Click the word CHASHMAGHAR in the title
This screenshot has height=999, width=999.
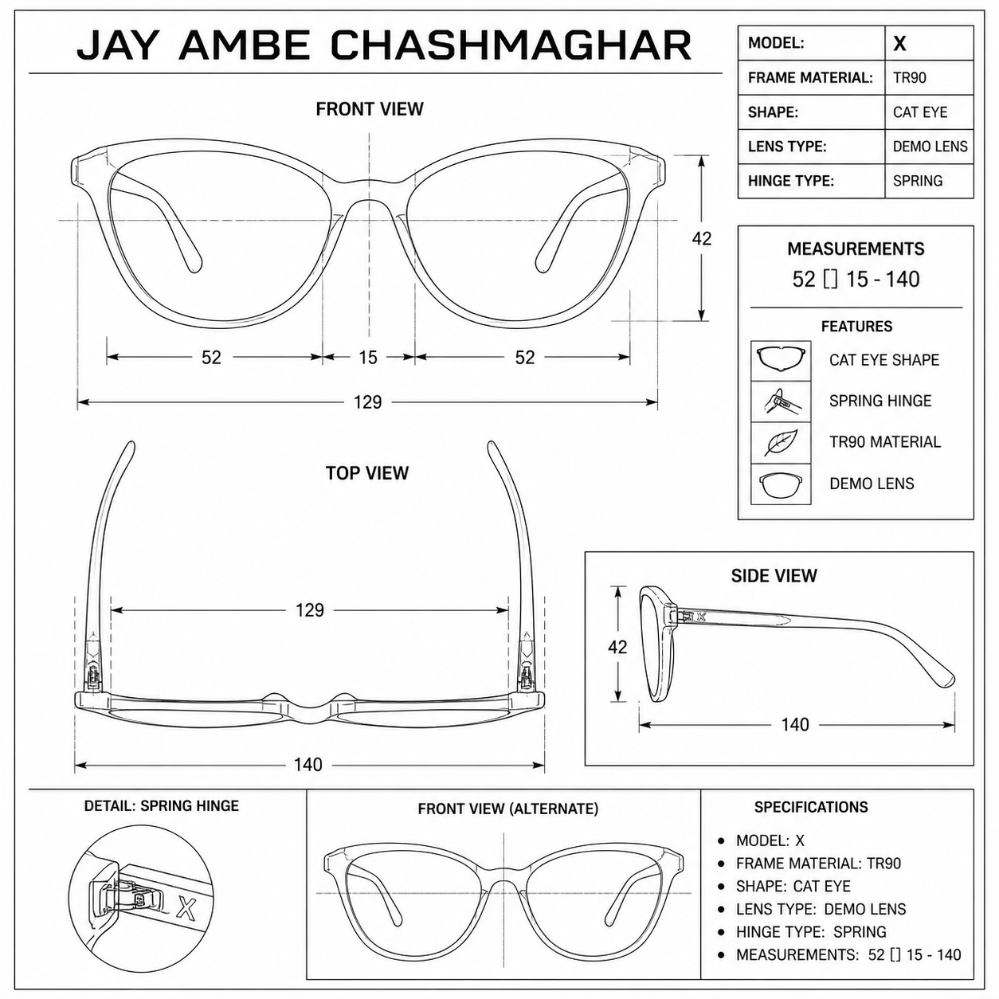click(x=511, y=45)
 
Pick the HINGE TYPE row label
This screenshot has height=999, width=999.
click(x=790, y=181)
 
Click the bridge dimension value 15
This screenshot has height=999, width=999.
click(x=368, y=357)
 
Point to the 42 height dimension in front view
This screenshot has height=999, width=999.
click(x=701, y=238)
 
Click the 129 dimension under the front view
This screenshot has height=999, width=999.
click(x=367, y=402)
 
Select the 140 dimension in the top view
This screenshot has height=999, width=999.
click(x=308, y=765)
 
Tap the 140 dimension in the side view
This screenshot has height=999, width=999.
click(x=795, y=724)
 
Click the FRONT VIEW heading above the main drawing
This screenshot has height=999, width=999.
click(x=370, y=109)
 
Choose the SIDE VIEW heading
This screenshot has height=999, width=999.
click(x=774, y=575)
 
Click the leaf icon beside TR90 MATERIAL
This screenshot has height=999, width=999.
click(x=781, y=443)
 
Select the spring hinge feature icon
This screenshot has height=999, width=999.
click(x=781, y=402)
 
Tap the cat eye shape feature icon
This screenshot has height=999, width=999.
click(x=781, y=360)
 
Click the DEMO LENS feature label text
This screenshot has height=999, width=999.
click(x=872, y=484)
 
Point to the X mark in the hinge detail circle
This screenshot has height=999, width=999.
click(x=186, y=907)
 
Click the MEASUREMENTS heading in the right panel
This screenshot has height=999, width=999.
click(x=856, y=249)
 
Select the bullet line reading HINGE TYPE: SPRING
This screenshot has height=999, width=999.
click(x=811, y=931)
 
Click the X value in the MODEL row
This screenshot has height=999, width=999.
click(x=900, y=44)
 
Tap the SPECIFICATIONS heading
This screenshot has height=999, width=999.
click(x=811, y=807)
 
